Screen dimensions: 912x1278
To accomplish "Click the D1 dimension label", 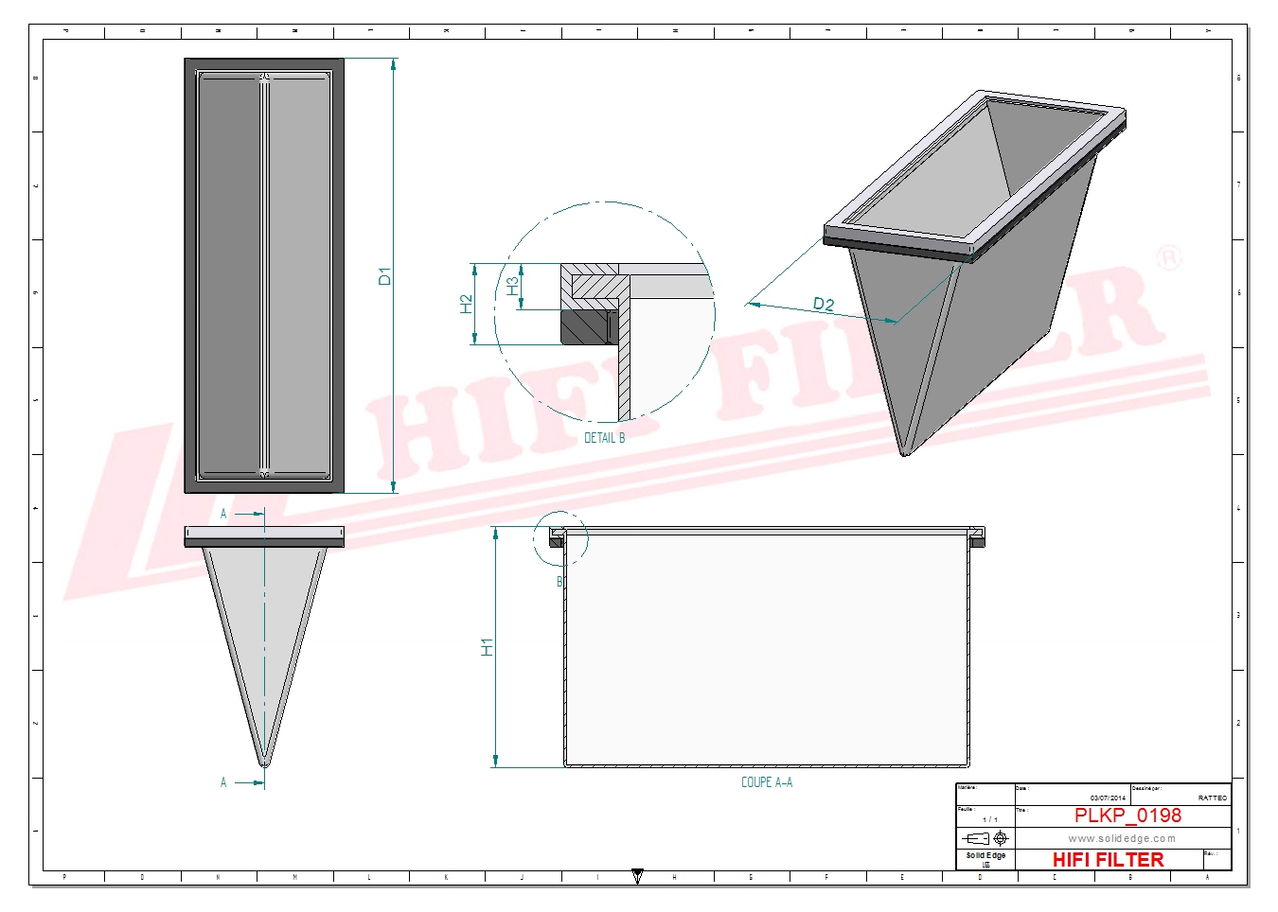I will tap(384, 276).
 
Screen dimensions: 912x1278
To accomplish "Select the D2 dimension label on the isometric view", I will tap(824, 304).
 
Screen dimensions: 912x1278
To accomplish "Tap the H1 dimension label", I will tap(487, 647).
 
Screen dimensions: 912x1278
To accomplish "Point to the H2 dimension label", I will tap(466, 304).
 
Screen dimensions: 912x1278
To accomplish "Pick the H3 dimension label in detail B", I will tap(512, 286).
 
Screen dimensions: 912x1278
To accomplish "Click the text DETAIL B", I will tap(604, 438).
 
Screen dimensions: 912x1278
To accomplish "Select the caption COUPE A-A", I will tap(766, 782).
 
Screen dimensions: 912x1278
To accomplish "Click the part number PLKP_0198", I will tap(1127, 816).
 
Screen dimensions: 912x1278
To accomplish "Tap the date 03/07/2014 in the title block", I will tap(1108, 798).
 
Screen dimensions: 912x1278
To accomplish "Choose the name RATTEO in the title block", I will tap(1212, 798).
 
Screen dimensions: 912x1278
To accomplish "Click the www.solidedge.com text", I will tap(1122, 838).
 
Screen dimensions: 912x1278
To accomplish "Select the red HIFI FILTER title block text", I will tap(1108, 859).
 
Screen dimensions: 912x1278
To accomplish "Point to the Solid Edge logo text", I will tap(985, 856).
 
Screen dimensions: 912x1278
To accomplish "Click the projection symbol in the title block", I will tap(985, 838).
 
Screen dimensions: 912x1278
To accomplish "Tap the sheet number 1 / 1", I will tap(989, 819).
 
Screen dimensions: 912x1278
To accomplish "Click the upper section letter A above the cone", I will tap(223, 514).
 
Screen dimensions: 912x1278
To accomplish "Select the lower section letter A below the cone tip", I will tap(223, 782).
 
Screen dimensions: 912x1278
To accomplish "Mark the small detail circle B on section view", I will tap(559, 539).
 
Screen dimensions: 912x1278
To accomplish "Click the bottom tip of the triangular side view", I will tap(264, 762).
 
